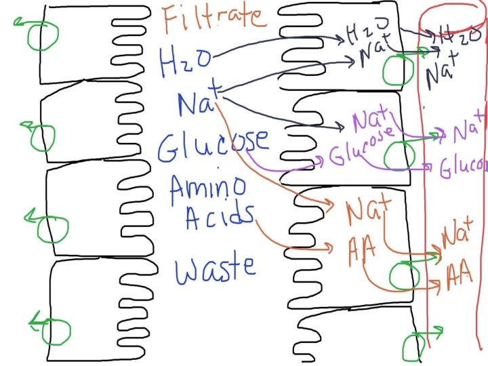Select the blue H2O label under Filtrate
pyautogui.click(x=180, y=62)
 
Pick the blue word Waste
pyautogui.click(x=216, y=266)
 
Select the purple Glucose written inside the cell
pyautogui.click(x=363, y=148)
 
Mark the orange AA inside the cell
pyautogui.click(x=363, y=248)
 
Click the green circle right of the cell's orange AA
pyautogui.click(x=400, y=274)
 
